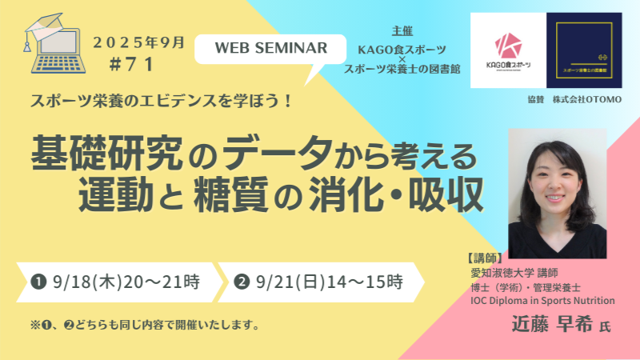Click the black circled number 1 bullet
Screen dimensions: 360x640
click(x=37, y=282)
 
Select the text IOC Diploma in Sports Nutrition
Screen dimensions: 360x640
click(x=542, y=300)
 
